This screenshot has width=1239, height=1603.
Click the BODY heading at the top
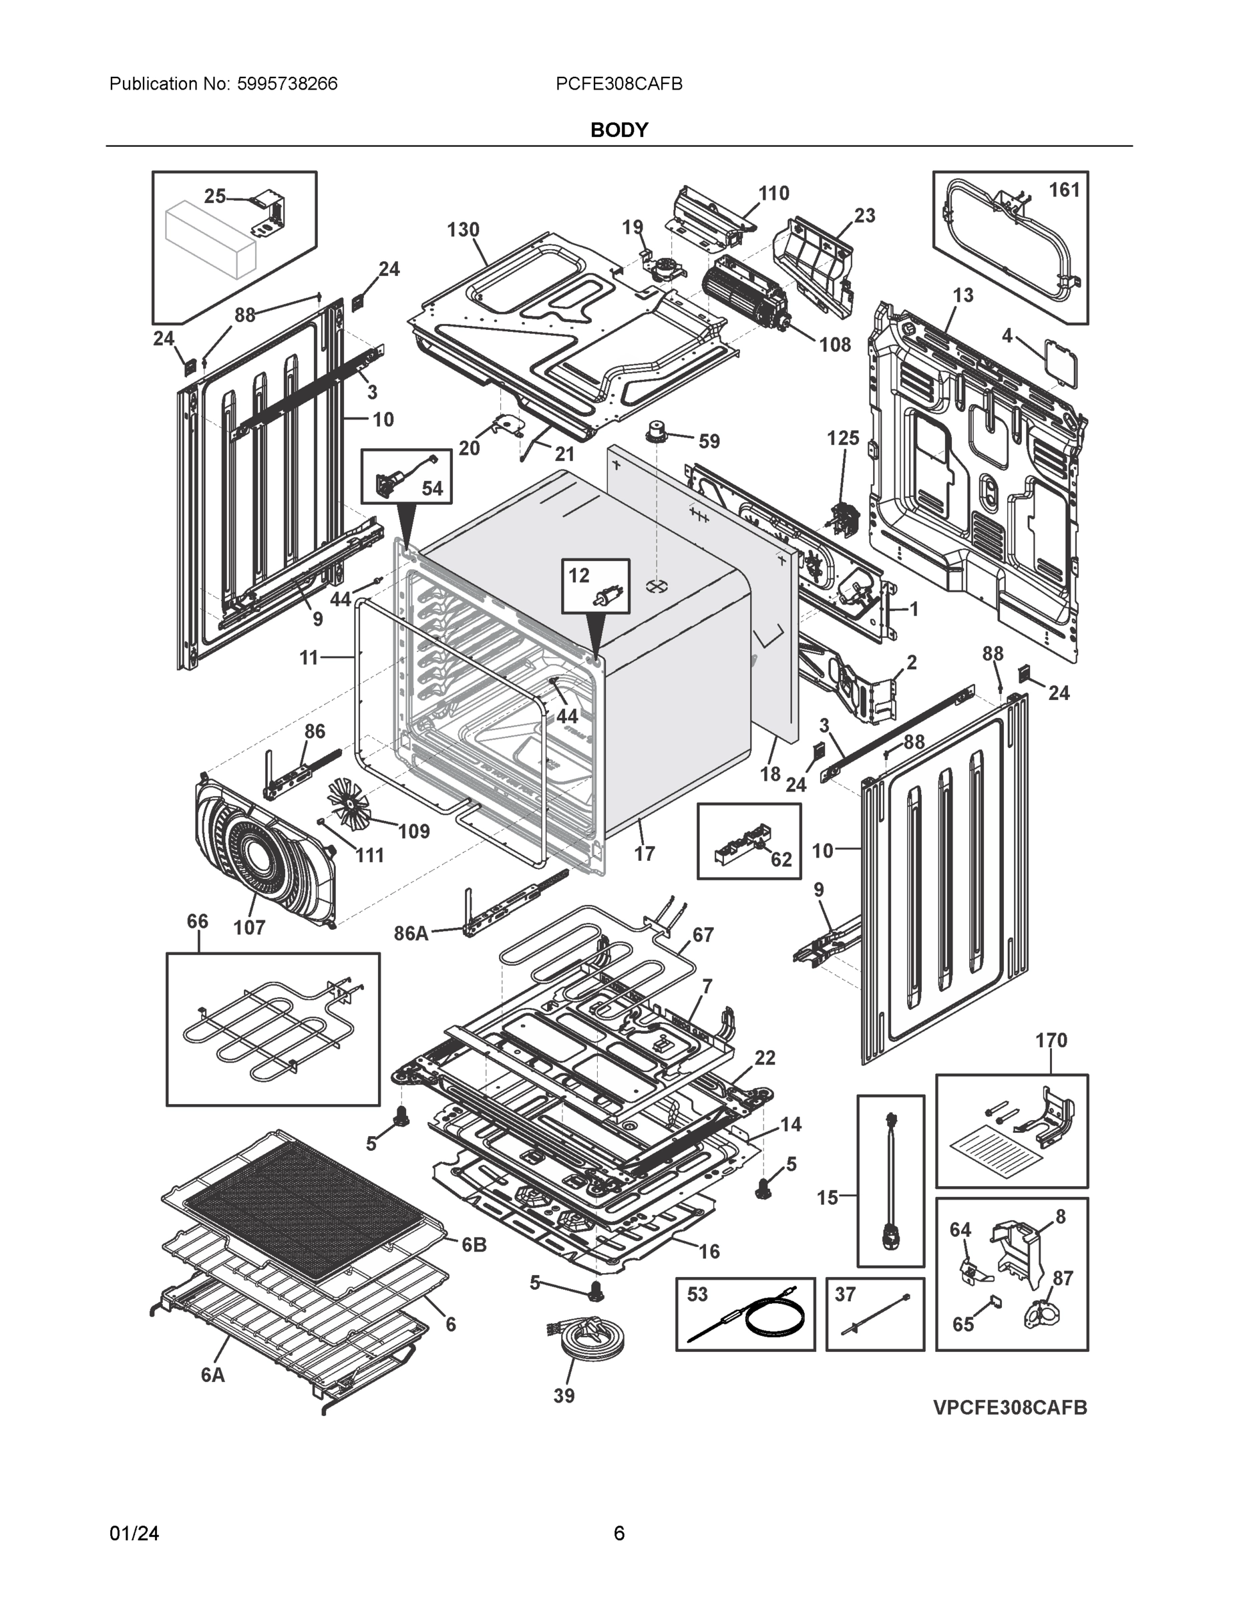tap(618, 130)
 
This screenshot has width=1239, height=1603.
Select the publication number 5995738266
tap(287, 83)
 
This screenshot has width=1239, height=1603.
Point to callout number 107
tap(249, 927)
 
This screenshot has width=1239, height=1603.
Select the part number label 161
tap(1063, 190)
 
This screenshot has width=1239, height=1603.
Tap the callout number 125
tap(843, 438)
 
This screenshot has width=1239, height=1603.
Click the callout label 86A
tap(411, 933)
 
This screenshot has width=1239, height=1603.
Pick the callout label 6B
tap(474, 1245)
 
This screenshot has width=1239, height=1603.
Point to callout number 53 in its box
tap(697, 1294)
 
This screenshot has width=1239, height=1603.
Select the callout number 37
tap(846, 1294)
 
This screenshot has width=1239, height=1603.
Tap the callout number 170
tap(1051, 1040)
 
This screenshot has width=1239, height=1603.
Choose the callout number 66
tap(198, 921)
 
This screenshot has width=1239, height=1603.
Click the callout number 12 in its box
tap(579, 576)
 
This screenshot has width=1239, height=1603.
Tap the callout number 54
tap(432, 488)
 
